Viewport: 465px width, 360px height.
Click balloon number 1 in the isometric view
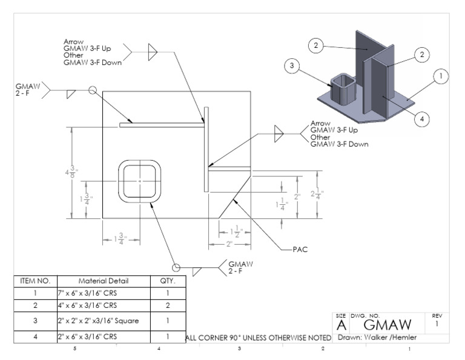point(440,76)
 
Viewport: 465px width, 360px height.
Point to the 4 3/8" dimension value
point(71,172)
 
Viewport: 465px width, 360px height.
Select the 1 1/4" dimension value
point(282,205)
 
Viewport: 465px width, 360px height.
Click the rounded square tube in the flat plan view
point(140,181)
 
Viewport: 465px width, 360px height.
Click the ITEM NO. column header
point(35,281)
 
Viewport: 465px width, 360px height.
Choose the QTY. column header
point(167,281)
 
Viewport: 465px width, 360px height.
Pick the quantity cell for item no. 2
point(167,305)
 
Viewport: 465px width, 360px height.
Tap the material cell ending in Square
point(104,321)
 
